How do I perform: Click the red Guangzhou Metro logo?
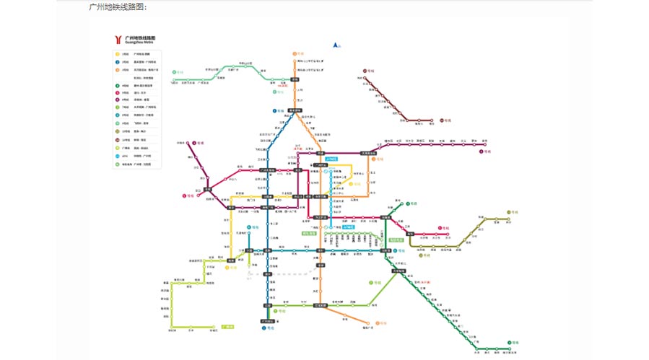coord(118,39)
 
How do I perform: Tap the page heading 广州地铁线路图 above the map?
coord(117,6)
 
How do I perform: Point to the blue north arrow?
coord(335,45)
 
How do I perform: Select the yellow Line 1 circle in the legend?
coord(117,54)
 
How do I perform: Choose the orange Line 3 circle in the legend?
coord(117,70)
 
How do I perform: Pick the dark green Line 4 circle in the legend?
coord(117,86)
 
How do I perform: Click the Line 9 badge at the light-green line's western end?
coord(175,73)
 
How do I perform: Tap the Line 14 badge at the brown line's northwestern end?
coord(367,70)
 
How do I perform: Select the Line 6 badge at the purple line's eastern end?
coord(482,152)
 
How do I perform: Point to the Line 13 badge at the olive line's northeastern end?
coord(509,212)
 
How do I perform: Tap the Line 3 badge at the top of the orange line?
coord(295,53)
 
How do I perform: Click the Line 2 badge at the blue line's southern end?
coord(264,328)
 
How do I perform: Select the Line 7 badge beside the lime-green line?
coord(371,283)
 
